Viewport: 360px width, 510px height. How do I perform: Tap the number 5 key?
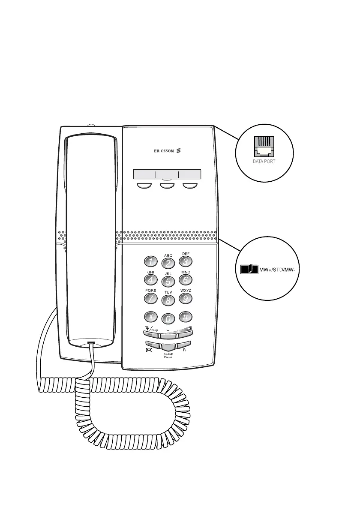(168, 282)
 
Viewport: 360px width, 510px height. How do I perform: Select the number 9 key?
(185, 298)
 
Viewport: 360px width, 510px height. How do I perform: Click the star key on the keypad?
(150, 317)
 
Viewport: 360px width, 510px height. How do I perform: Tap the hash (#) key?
(186, 317)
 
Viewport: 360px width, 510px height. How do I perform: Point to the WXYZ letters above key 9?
(186, 290)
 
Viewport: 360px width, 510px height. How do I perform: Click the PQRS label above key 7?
(150, 290)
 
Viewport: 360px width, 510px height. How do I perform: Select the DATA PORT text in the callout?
(263, 162)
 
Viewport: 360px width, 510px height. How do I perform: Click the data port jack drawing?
(263, 147)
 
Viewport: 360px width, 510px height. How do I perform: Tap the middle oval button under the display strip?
(167, 186)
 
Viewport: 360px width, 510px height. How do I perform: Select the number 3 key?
(185, 261)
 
